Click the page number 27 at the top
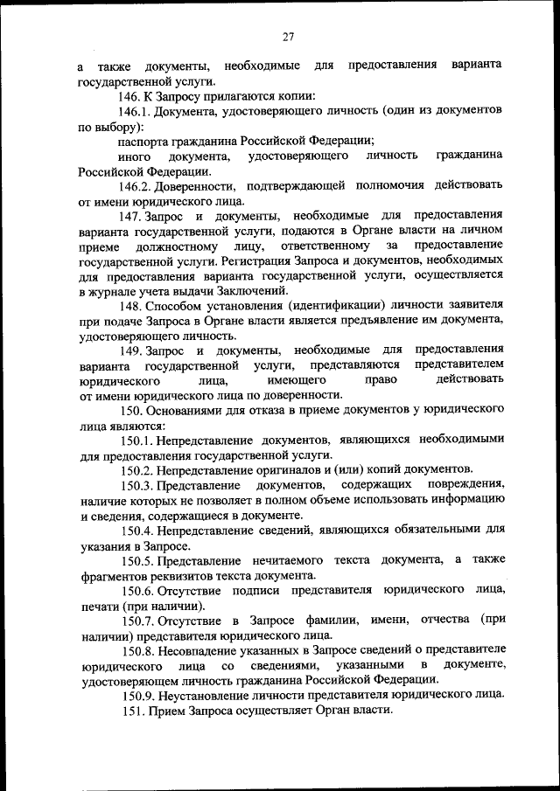(288, 36)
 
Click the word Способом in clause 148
(176, 305)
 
